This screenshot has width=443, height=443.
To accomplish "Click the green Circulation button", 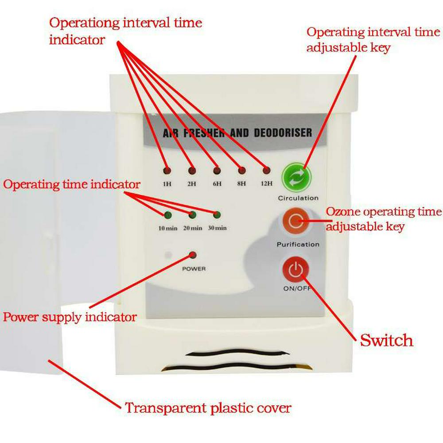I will click(297, 178).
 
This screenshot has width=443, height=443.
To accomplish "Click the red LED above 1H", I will click(167, 171).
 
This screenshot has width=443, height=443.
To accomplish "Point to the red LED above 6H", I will click(217, 171).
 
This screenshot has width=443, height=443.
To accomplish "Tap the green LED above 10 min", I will click(167, 215).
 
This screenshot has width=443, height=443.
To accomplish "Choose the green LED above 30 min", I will click(217, 215).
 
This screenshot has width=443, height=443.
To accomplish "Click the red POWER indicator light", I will click(193, 255).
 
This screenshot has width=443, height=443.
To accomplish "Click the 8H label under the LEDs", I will click(241, 183).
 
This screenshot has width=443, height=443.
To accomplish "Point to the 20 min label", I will click(192, 228).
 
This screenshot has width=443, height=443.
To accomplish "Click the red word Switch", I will click(386, 341).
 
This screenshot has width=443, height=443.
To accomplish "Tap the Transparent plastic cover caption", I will click(208, 408).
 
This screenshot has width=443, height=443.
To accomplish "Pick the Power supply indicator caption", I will click(70, 317).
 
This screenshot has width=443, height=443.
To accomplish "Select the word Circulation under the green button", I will click(298, 198).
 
